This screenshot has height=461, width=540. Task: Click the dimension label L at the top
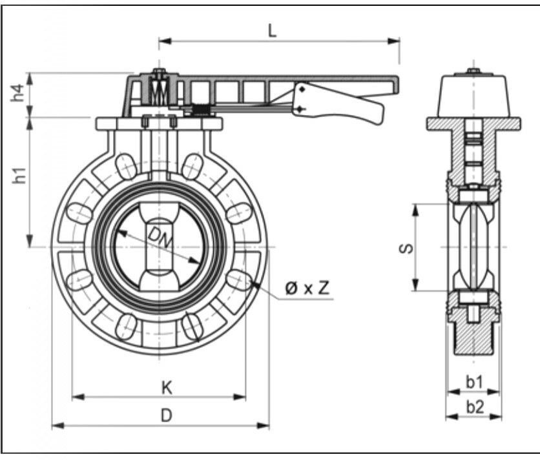(x=272, y=32)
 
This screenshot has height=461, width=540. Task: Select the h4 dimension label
(x=18, y=92)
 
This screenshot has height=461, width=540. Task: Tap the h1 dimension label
(x=19, y=175)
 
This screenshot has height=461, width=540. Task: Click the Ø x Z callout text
(x=307, y=288)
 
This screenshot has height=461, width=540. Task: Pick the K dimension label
(x=167, y=387)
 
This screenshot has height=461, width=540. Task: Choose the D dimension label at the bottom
(x=167, y=416)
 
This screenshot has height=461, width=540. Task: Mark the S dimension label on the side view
(x=406, y=248)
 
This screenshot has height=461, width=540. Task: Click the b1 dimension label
(x=475, y=382)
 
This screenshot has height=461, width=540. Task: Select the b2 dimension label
(x=475, y=407)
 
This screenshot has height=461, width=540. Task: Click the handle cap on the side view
(x=473, y=96)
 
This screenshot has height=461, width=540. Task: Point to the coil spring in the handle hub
(x=159, y=91)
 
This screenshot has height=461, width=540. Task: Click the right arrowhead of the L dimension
(x=393, y=41)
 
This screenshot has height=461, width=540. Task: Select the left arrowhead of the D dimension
(x=58, y=426)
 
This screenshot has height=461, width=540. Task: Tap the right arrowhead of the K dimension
(x=240, y=397)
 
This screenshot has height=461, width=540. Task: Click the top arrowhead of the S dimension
(x=416, y=210)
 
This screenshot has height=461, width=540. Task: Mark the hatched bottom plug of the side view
(x=473, y=332)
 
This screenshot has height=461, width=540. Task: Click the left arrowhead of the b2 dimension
(x=452, y=417)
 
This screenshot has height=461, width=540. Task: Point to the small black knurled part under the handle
(x=200, y=110)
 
